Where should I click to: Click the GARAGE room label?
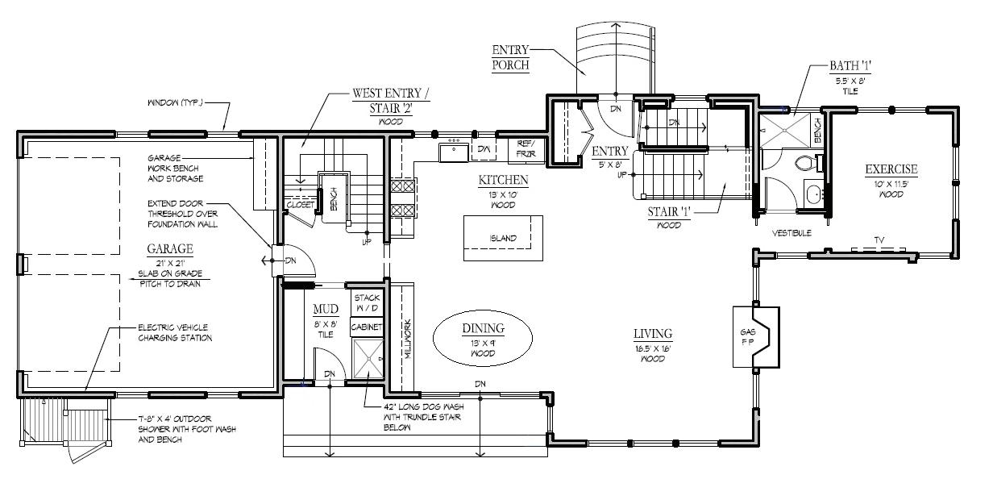click(170, 249)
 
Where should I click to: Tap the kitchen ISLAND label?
click(503, 238)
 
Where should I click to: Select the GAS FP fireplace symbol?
click(756, 337)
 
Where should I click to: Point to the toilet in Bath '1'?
click(805, 162)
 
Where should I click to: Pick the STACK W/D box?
click(367, 302)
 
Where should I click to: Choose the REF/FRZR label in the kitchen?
click(526, 148)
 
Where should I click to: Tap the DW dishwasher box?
click(484, 149)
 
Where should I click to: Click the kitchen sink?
click(454, 152)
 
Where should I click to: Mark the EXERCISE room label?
click(891, 169)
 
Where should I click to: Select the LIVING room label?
click(653, 334)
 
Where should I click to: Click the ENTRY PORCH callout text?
click(511, 57)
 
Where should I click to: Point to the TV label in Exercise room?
click(879, 240)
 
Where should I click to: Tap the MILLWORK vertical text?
click(408, 339)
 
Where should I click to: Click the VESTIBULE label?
click(791, 233)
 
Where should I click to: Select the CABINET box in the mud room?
click(367, 327)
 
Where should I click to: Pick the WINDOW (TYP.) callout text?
click(175, 102)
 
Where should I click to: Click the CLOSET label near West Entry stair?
click(301, 205)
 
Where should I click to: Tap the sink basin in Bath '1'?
click(813, 194)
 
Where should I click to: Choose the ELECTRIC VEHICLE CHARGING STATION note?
click(175, 333)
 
